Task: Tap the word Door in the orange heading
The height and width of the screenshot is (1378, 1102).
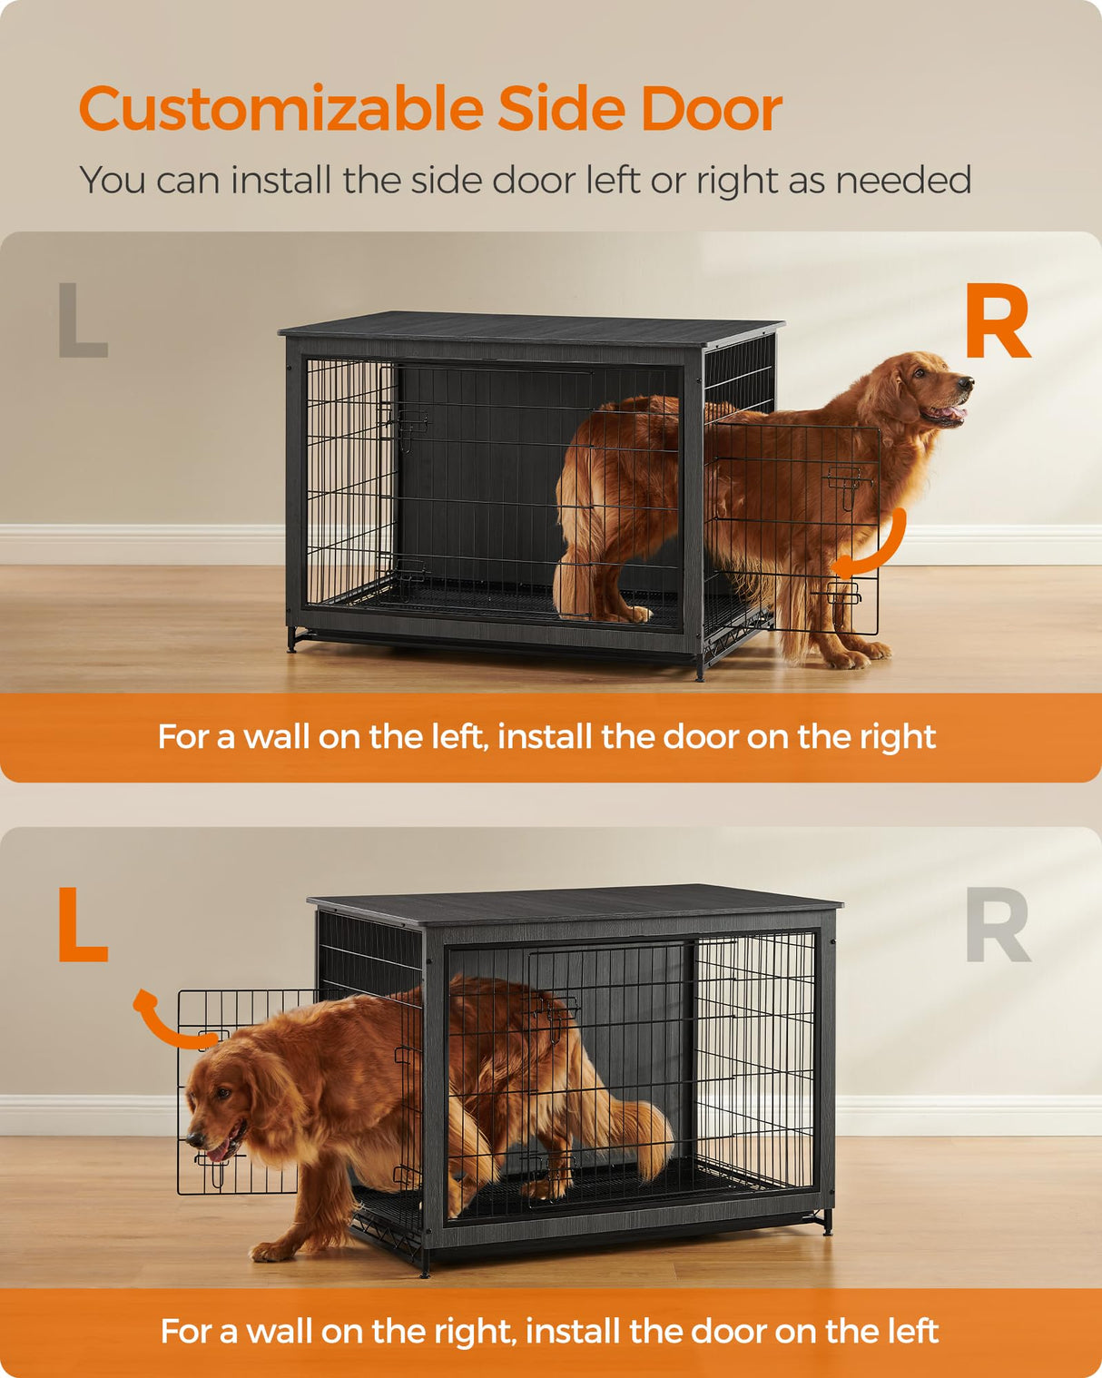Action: click(711, 110)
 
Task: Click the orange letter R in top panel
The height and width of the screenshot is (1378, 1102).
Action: click(997, 322)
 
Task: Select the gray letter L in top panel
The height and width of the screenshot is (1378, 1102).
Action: click(81, 320)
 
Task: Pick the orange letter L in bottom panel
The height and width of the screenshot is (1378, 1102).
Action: click(82, 925)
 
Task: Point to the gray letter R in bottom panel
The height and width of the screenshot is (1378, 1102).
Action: click(998, 925)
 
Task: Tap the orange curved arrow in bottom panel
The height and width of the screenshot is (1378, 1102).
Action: click(168, 1021)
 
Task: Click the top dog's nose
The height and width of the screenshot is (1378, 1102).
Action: click(967, 384)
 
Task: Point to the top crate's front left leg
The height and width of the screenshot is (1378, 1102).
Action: click(292, 640)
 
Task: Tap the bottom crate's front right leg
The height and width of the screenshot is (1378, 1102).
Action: click(826, 1221)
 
